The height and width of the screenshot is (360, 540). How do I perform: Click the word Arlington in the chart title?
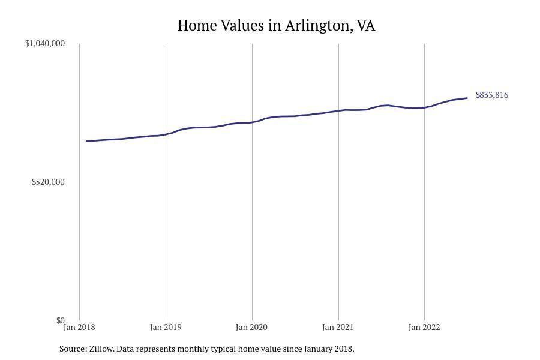point(318,26)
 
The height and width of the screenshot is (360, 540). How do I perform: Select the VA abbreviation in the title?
point(365,26)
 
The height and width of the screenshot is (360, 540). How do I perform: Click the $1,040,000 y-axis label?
point(45,43)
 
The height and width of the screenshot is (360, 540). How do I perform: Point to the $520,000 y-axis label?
point(48,182)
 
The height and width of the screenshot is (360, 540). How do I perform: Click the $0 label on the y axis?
point(60,320)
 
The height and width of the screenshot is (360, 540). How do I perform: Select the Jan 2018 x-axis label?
point(79,328)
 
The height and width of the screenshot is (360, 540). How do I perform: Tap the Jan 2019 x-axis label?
point(166,328)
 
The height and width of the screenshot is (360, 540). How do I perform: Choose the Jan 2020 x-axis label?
point(252,328)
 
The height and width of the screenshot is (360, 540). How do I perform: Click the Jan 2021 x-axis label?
point(338,328)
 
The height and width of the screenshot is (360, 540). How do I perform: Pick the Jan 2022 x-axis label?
point(424,328)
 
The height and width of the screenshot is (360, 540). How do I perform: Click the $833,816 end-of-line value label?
point(492,95)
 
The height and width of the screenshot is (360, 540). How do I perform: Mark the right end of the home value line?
point(467,98)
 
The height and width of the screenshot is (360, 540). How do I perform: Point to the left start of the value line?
point(87,141)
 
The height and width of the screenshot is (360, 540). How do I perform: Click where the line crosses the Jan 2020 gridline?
point(252,122)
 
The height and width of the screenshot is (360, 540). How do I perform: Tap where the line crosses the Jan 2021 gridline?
point(338,110)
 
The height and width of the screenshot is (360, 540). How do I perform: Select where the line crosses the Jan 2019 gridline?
point(166,134)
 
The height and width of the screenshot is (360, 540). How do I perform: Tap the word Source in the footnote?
point(72,349)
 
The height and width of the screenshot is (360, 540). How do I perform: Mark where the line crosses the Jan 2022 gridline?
point(424,107)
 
